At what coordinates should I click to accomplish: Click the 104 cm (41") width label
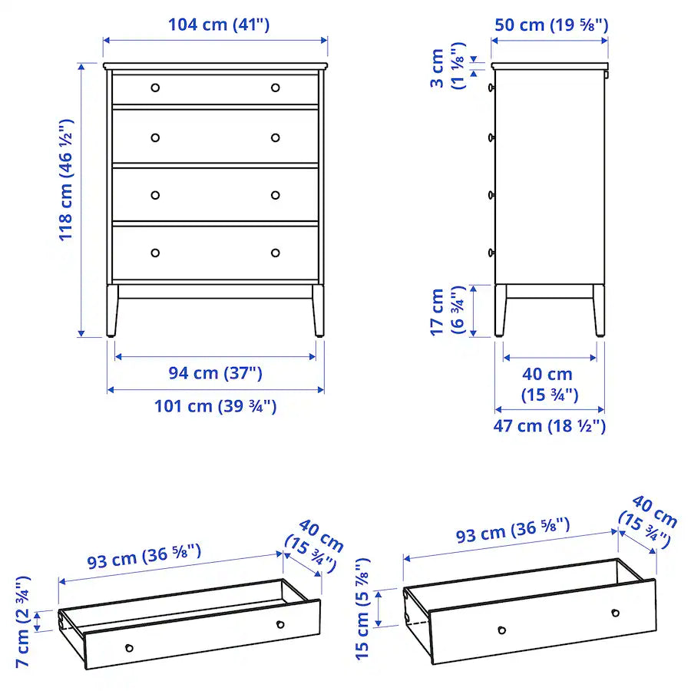click(219, 24)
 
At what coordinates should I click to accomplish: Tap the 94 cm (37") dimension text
click(215, 373)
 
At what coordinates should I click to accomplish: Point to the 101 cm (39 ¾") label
click(215, 405)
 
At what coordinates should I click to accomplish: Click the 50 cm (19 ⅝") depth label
click(550, 24)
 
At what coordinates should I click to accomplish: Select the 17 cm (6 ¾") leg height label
click(445, 311)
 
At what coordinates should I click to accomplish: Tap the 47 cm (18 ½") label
click(549, 425)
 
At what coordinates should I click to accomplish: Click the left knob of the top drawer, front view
click(155, 88)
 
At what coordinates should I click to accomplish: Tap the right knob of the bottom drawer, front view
click(276, 253)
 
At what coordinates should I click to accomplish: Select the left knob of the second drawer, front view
click(155, 138)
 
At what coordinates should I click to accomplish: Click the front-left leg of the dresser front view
click(112, 311)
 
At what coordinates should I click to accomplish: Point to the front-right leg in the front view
click(318, 311)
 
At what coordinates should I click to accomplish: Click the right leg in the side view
click(598, 311)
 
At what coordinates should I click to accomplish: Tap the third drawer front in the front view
click(215, 195)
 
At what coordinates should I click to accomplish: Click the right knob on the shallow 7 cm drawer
click(280, 623)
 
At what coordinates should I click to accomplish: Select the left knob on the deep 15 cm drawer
click(501, 630)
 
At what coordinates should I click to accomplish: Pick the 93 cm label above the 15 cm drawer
click(512, 532)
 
